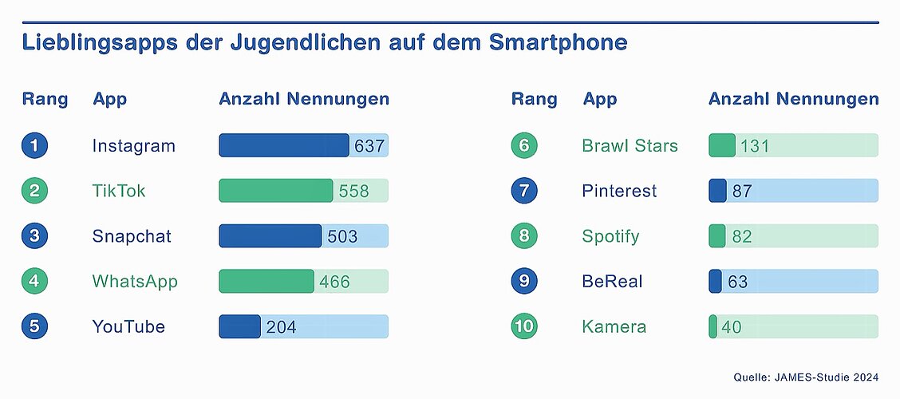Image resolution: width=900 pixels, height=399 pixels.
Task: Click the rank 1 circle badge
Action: click(x=35, y=146)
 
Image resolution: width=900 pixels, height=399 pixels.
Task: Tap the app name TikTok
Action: click(x=119, y=191)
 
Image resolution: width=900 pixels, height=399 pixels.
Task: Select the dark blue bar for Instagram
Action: click(x=283, y=145)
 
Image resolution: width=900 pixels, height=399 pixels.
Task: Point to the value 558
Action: click(x=354, y=192)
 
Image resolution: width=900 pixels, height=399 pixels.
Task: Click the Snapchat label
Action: click(x=132, y=236)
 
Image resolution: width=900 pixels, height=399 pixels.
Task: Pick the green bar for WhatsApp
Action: click(x=266, y=281)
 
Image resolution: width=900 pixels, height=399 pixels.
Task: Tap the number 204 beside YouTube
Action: click(x=280, y=327)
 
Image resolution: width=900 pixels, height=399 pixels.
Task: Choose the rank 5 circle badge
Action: click(x=35, y=326)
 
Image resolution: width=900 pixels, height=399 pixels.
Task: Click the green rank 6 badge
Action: click(x=524, y=146)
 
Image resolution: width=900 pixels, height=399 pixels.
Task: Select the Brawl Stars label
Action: click(x=630, y=146)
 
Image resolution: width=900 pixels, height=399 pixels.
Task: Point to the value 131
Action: click(x=754, y=146)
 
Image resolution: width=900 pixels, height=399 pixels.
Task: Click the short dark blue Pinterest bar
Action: click(x=717, y=191)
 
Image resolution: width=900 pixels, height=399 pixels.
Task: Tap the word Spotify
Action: click(x=611, y=236)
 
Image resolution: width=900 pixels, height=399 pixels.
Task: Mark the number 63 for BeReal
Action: click(x=737, y=282)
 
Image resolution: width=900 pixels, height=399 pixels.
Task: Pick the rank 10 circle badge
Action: click(x=524, y=326)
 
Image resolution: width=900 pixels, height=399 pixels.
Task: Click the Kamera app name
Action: click(x=614, y=327)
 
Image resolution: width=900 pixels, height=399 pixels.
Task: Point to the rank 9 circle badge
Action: click(x=524, y=281)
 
